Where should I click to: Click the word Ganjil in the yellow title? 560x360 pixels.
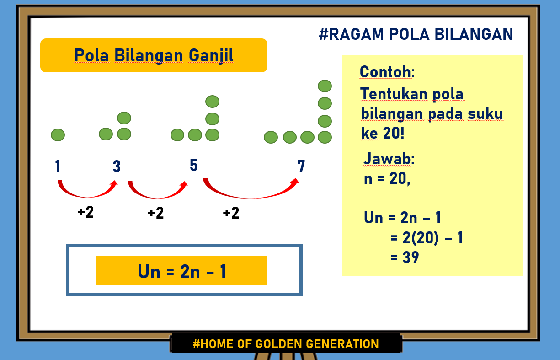[x=211, y=55]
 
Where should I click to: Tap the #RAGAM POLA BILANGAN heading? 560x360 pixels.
[x=416, y=34]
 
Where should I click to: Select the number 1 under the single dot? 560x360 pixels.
[x=58, y=167]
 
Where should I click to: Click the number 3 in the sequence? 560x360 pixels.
[x=117, y=167]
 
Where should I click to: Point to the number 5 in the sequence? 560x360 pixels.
[x=194, y=166]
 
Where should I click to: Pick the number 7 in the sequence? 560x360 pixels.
[x=301, y=167]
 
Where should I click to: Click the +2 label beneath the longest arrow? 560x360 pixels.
[x=231, y=213]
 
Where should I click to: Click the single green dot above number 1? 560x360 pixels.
[x=58, y=135]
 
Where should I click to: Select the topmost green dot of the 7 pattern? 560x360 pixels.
[x=325, y=86]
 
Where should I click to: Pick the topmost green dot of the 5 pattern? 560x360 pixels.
[x=212, y=102]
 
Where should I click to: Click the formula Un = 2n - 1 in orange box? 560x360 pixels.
[x=182, y=271]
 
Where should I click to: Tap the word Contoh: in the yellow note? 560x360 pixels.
[x=387, y=72]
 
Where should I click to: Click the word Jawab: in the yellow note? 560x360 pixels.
[x=389, y=159]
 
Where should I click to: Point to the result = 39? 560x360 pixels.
[x=405, y=258]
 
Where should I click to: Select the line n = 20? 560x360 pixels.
[x=387, y=179]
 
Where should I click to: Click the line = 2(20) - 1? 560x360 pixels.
[x=427, y=238]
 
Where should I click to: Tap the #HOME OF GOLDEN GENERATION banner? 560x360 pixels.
[x=286, y=344]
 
